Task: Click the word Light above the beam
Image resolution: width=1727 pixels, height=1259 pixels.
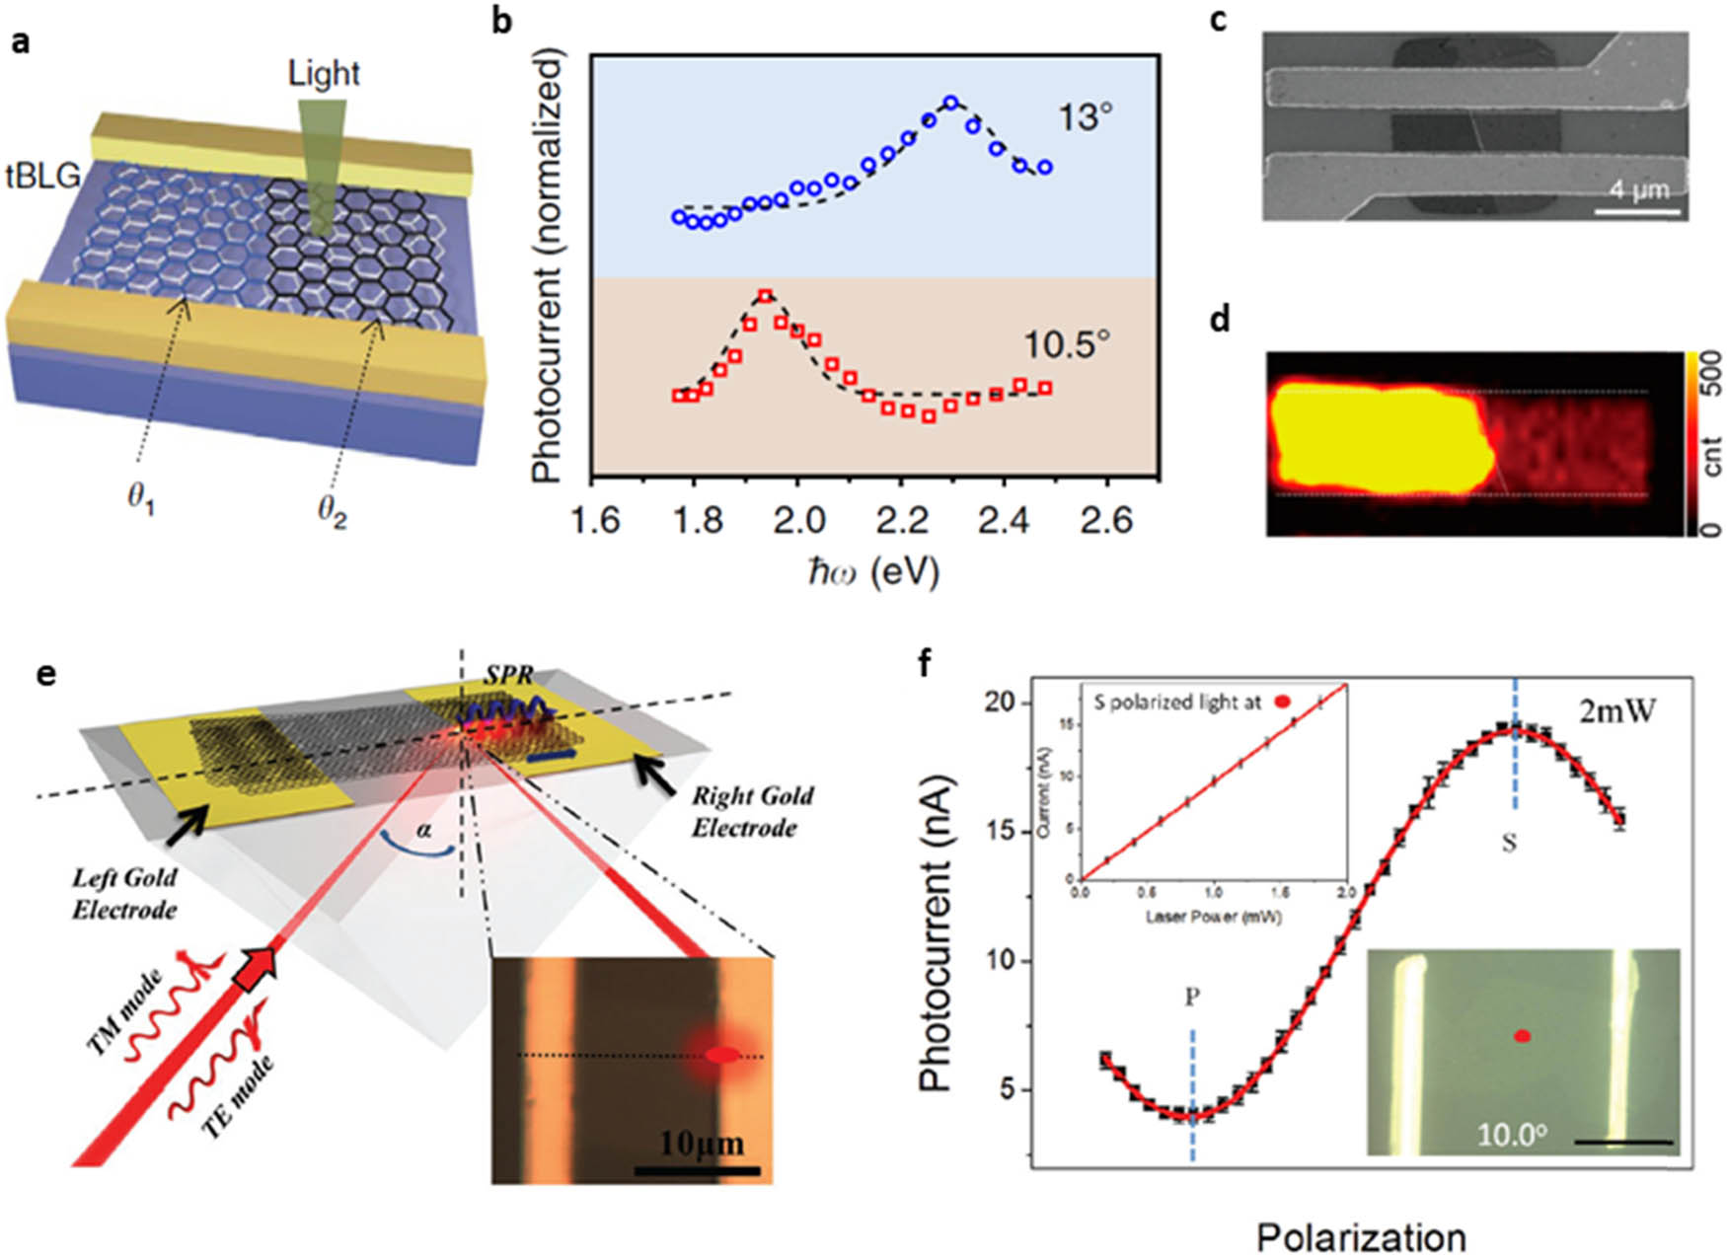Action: point(324,73)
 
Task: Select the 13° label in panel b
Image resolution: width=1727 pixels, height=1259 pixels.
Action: point(1085,118)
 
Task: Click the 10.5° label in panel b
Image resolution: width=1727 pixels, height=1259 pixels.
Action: point(1065,345)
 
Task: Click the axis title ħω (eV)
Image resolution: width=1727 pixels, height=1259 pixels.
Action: point(872,571)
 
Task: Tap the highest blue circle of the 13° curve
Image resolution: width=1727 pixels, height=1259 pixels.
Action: point(950,103)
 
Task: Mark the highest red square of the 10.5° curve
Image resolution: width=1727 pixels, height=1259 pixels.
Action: point(765,296)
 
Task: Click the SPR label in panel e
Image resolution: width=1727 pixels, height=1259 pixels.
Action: point(509,676)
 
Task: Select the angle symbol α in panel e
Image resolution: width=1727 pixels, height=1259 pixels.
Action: point(424,830)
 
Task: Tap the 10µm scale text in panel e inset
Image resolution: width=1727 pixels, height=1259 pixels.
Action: point(701,1144)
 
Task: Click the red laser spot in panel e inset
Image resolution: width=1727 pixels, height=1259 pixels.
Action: point(722,1055)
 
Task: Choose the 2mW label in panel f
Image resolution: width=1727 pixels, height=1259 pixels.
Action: point(1615,709)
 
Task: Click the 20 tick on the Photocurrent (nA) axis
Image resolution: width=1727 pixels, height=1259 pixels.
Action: point(1001,703)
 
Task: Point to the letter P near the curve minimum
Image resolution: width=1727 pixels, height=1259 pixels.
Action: point(1192,998)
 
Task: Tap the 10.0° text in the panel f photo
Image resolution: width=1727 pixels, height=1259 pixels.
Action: point(1510,1134)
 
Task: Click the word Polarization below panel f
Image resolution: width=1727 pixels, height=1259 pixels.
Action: point(1361,1236)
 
